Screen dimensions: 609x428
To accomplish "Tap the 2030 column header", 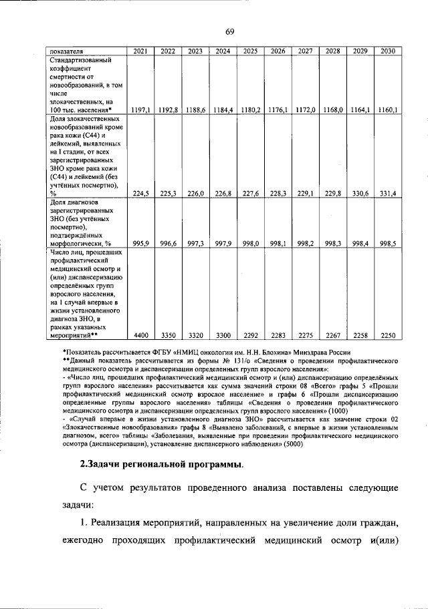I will pos(387,51).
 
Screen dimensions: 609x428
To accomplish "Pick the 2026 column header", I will pos(278,51).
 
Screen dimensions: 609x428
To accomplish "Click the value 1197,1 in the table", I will pos(141,109).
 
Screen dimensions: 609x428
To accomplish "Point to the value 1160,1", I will pos(387,109).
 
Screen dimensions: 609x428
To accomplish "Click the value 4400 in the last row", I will pos(141,335).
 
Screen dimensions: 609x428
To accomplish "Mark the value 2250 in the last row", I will pos(387,335).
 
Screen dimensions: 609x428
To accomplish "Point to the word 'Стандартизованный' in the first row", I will pos(79,59).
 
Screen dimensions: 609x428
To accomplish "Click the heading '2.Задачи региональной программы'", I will pos(158,464).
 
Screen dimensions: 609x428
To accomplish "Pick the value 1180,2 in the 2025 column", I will pos(250,109).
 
